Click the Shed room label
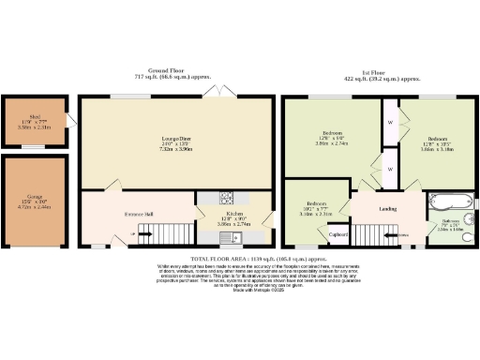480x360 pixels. (x=33, y=116)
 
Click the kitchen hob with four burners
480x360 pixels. (x=226, y=198)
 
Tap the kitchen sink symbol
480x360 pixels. (x=226, y=237)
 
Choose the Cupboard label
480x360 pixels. (x=338, y=234)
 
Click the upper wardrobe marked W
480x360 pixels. (x=388, y=122)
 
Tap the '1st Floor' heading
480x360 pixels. (x=375, y=72)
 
